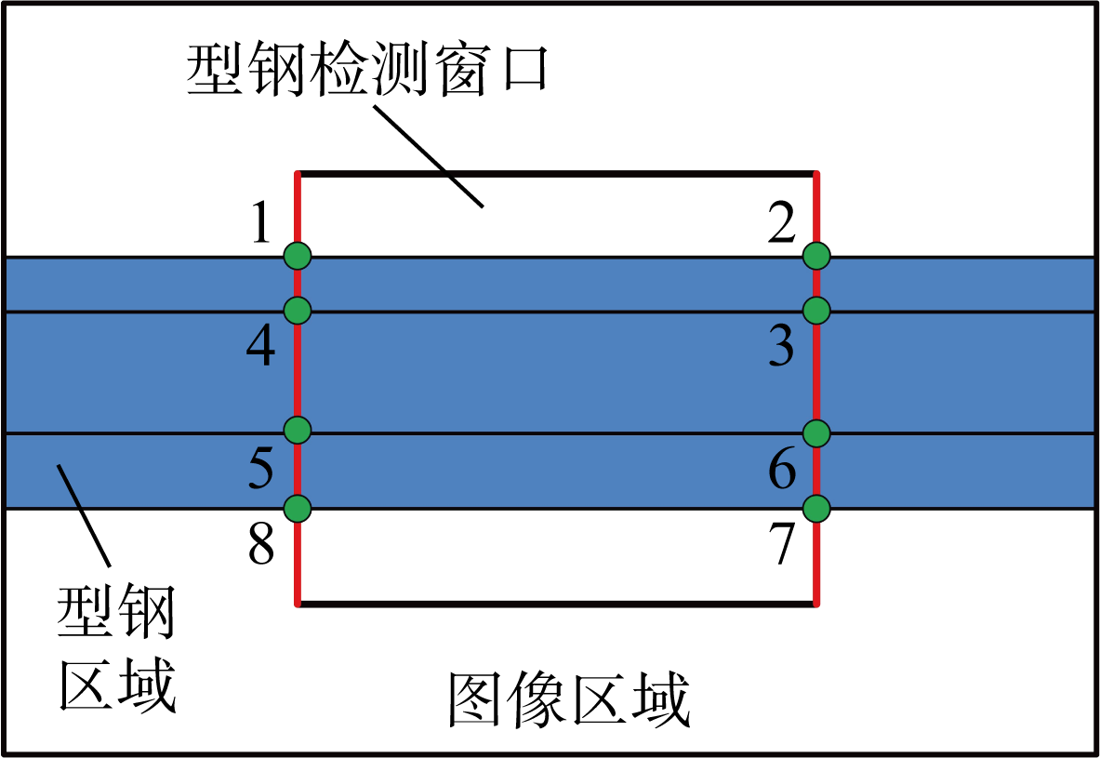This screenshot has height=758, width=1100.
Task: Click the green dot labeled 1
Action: tap(298, 254)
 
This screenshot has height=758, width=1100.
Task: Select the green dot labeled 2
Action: tap(815, 254)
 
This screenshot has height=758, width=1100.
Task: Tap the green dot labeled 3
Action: tap(815, 310)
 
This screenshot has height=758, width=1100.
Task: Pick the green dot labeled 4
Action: tap(298, 310)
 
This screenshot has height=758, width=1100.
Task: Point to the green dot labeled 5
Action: tap(298, 430)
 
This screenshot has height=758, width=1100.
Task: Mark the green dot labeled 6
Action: tap(815, 433)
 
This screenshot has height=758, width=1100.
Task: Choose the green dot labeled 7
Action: tap(815, 508)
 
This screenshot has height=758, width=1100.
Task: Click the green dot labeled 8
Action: tap(298, 508)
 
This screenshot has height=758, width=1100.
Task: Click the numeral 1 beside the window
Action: tap(263, 225)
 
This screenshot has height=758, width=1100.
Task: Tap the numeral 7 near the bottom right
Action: tap(781, 545)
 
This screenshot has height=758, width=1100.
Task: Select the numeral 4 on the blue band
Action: tap(260, 348)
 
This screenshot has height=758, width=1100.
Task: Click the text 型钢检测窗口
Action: tap(367, 72)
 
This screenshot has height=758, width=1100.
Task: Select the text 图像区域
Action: tap(569, 700)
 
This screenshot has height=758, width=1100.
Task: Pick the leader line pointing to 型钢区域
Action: tap(84, 513)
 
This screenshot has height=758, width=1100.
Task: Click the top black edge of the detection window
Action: tap(556, 173)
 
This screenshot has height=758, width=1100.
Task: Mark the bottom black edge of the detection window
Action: tap(556, 605)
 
